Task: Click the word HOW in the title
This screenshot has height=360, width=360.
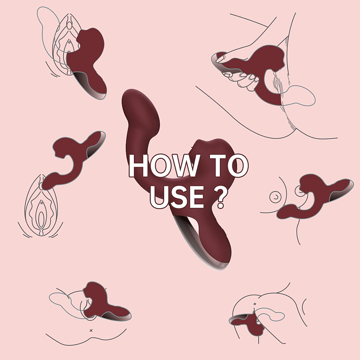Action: (x=163, y=166)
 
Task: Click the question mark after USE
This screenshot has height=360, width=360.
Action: (x=221, y=197)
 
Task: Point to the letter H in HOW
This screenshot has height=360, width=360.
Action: (x=138, y=166)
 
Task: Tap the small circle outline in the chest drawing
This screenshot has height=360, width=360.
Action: (x=275, y=197)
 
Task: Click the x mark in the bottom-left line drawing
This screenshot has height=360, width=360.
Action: (x=91, y=330)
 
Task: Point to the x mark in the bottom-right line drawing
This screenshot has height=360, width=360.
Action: (x=255, y=304)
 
